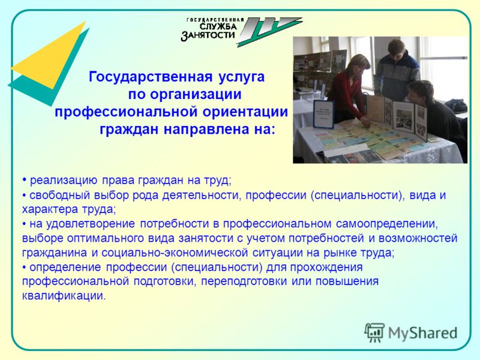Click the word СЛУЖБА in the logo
click(x=218, y=26)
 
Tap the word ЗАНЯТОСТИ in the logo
click(x=208, y=35)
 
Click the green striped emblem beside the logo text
click(x=269, y=32)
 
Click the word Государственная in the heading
click(x=151, y=77)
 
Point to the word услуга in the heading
click(x=241, y=77)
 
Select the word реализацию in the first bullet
click(x=64, y=181)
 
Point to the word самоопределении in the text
click(x=387, y=224)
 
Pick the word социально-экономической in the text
click(x=175, y=253)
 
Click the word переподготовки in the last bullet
click(x=244, y=281)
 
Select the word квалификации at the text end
click(x=64, y=296)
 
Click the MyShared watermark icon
click(x=374, y=332)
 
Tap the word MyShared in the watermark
click(x=423, y=333)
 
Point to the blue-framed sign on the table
click(x=323, y=113)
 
